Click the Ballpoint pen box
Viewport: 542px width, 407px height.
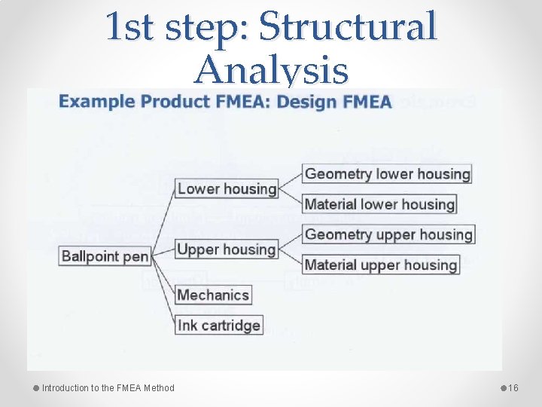point(105,256)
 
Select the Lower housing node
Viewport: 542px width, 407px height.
point(226,188)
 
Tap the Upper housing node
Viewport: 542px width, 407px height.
point(226,249)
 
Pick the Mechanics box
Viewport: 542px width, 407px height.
point(212,294)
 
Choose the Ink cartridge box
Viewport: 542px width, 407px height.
point(219,326)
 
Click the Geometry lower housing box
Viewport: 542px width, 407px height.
point(387,174)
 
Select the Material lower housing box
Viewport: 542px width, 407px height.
point(379,204)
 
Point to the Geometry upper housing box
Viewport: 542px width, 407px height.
point(388,234)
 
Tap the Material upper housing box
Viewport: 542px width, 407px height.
point(381,265)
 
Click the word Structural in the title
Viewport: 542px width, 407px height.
point(348,26)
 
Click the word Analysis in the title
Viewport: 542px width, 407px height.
point(271,72)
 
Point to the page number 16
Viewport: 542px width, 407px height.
point(514,388)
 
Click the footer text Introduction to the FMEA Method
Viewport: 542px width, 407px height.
point(108,388)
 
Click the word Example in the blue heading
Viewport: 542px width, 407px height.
point(93,102)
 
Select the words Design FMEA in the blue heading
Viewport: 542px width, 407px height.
point(334,102)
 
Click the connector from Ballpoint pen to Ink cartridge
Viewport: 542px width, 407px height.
point(163,294)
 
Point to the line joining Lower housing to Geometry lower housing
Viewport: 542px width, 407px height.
point(290,181)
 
